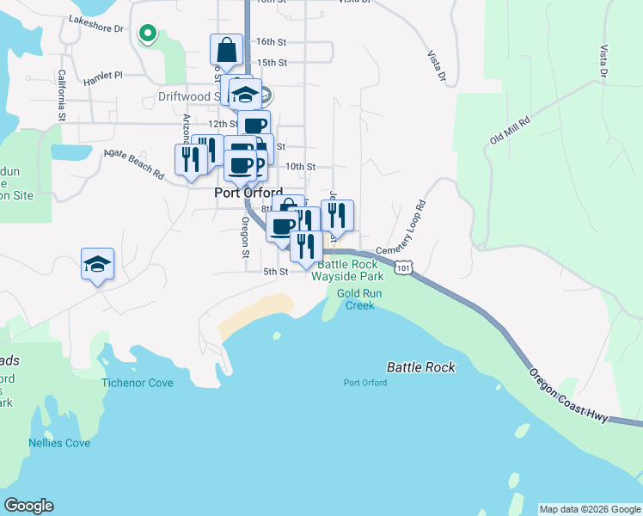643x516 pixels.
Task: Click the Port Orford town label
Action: pos(248,194)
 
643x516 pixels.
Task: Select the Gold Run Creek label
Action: pos(360,299)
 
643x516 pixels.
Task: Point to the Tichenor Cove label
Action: pos(138,383)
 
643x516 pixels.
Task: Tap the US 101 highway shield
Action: pos(404,269)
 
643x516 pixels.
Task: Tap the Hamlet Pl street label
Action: pos(104,79)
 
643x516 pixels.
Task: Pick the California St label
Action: pos(62,95)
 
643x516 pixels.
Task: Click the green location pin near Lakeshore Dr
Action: pos(148,34)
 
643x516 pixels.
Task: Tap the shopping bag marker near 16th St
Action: pos(226,51)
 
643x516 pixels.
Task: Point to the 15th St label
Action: pos(272,63)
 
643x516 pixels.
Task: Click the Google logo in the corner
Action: pos(28,506)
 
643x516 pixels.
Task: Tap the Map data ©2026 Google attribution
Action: pos(589,509)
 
